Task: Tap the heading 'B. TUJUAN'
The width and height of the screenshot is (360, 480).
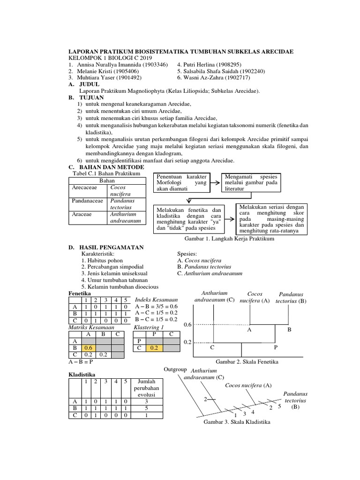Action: pos(86,97)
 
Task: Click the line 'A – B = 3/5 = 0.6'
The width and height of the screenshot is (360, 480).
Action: pos(156,306)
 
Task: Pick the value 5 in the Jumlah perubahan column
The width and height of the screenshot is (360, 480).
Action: pos(149,408)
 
